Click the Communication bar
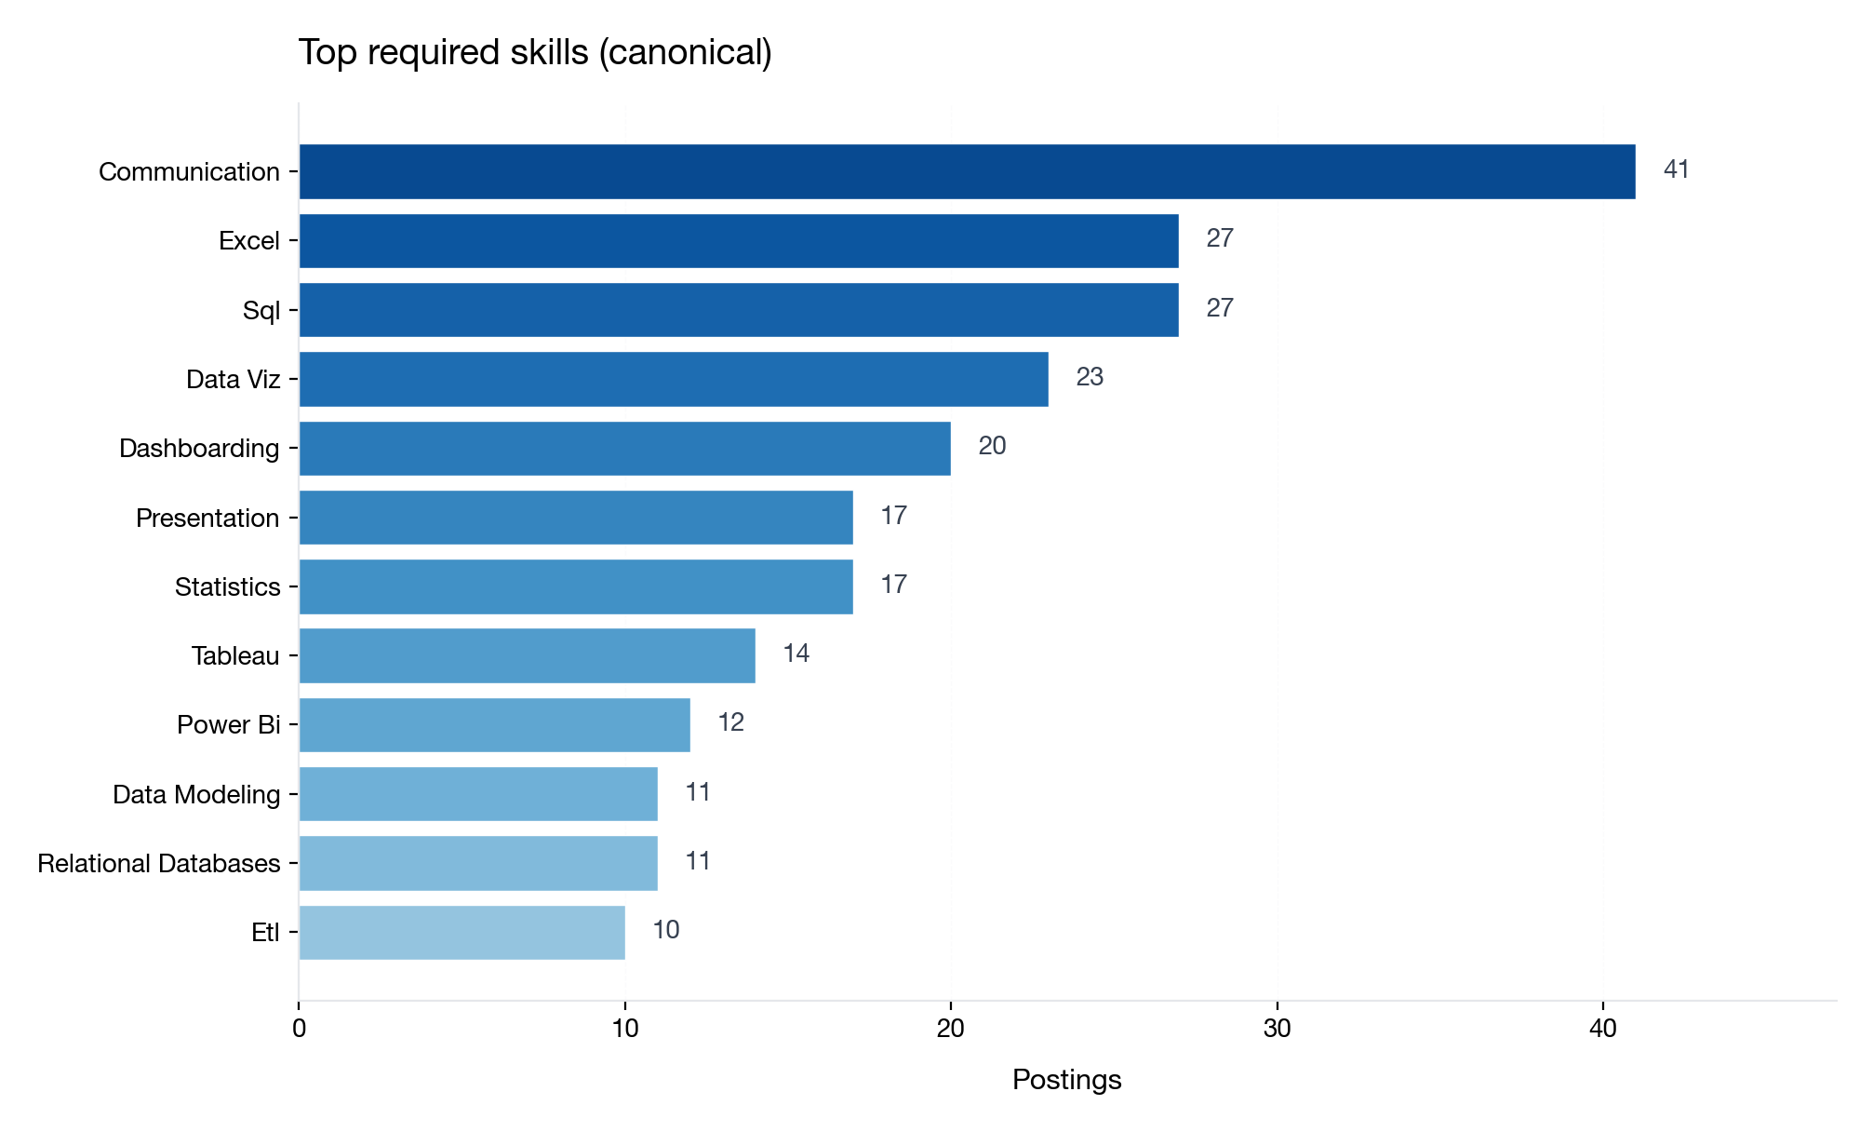click(x=967, y=171)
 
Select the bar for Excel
click(x=739, y=241)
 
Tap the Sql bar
click(x=739, y=310)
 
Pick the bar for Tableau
click(x=527, y=655)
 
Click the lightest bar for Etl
click(x=462, y=932)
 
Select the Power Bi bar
click(x=494, y=724)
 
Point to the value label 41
click(x=1676, y=169)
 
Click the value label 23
click(x=1089, y=377)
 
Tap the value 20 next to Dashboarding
click(x=991, y=446)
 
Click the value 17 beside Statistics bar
click(x=893, y=585)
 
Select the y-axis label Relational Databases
click(x=158, y=864)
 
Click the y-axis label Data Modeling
click(x=195, y=795)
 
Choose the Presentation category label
click(x=207, y=519)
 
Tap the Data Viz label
click(x=233, y=380)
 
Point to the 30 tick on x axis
click(x=1277, y=1029)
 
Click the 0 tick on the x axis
click(x=299, y=1029)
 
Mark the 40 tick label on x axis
click(x=1602, y=1029)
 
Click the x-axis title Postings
click(x=1066, y=1080)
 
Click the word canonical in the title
click(x=685, y=53)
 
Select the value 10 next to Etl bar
click(x=665, y=930)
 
